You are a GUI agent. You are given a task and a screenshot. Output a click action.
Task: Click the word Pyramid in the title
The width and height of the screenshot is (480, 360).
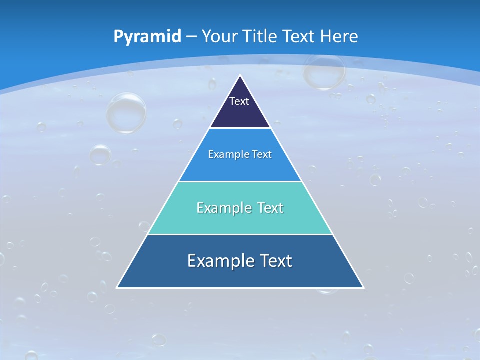coord(147,36)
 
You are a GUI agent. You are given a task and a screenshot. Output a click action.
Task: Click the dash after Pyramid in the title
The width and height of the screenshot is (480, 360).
coord(191,37)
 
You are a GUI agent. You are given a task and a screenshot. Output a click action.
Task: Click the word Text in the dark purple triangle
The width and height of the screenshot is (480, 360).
coord(239,101)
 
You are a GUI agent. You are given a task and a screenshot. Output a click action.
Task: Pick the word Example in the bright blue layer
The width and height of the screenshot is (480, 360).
coord(225,154)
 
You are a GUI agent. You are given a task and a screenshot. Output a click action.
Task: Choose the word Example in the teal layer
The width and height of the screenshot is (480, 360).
coord(220,208)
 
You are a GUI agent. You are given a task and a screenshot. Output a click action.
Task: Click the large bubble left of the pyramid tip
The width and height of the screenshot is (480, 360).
coord(126,112)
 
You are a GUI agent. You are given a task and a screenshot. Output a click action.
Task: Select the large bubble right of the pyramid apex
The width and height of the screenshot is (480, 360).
coord(324,71)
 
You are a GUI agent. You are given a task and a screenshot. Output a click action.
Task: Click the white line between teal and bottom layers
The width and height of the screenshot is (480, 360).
coord(240,234)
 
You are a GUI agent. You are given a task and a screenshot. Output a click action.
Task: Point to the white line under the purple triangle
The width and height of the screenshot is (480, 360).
coord(240,128)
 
